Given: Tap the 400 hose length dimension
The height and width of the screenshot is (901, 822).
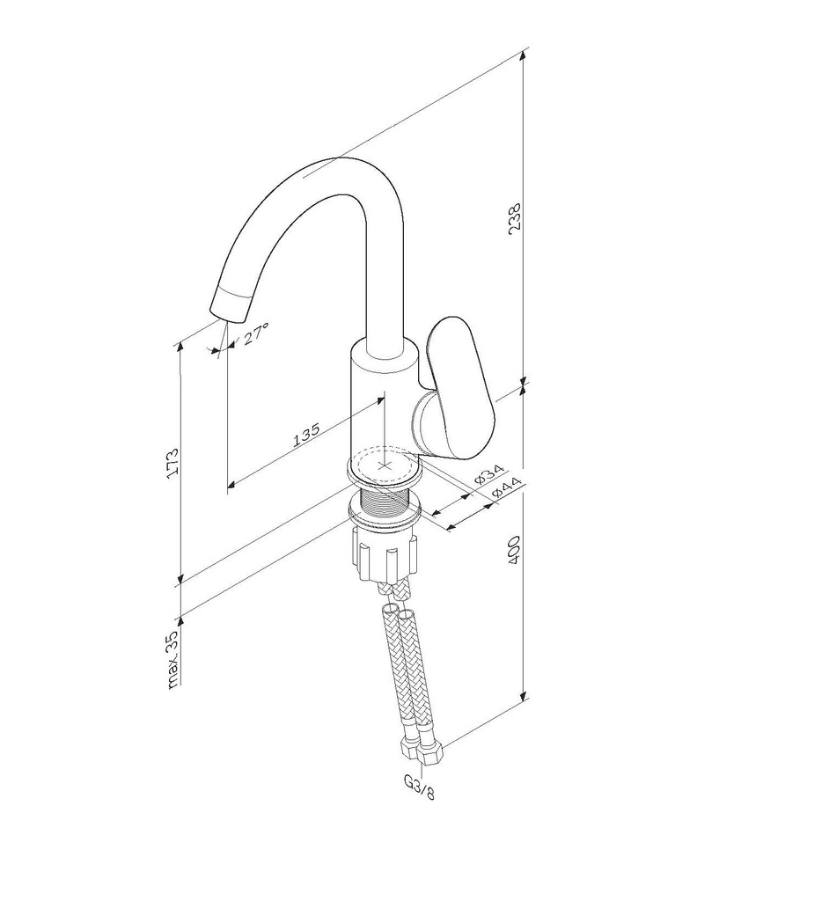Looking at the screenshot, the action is pyautogui.click(x=514, y=550).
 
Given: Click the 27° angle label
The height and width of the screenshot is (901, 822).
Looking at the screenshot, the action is pyautogui.click(x=254, y=333).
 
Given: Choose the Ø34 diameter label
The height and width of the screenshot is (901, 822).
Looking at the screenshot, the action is pyautogui.click(x=489, y=472).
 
